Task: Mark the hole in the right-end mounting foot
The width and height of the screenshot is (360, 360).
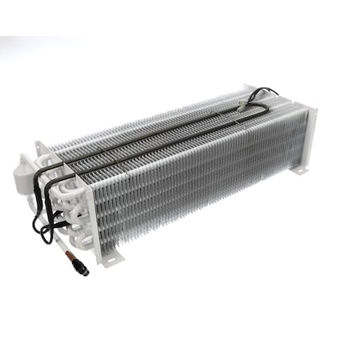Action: (300, 170)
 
